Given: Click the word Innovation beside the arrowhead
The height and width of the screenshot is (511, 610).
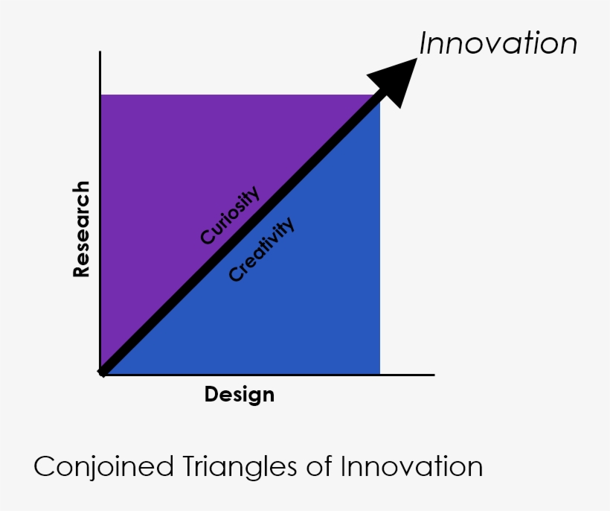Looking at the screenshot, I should [498, 43].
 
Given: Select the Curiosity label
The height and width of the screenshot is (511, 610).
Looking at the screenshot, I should [230, 216].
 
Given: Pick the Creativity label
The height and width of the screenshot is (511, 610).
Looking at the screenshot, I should [261, 250].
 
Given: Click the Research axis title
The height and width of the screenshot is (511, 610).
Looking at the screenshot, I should [81, 229].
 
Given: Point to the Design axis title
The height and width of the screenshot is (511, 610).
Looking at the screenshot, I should [240, 394].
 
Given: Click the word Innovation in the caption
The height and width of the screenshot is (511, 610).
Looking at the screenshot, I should [411, 467].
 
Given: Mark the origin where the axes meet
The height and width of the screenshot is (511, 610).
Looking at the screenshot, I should [100, 374].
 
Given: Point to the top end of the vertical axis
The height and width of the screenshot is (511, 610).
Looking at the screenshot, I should [100, 52].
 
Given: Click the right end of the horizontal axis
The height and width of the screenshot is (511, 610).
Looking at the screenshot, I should [434, 374].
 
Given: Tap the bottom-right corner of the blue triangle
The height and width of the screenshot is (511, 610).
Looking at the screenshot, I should [379, 373].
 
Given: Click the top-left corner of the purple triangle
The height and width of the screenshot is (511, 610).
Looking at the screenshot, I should [101, 95].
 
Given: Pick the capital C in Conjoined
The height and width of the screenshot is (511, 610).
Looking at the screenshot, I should [44, 467].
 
